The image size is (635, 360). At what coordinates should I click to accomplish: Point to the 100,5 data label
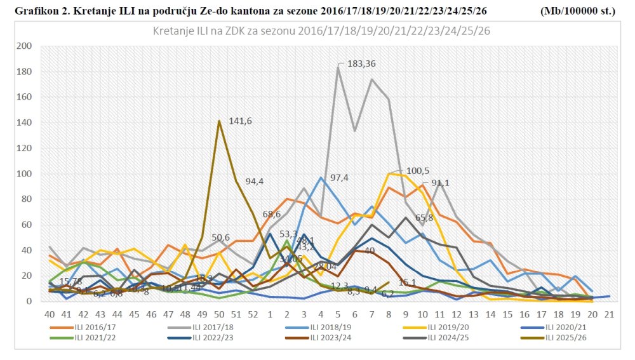[x=417, y=171]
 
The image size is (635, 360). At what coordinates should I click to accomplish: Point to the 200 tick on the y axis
[x=25, y=46]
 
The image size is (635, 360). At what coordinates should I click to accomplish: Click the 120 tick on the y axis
[x=25, y=148]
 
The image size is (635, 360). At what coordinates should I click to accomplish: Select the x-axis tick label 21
[x=609, y=314]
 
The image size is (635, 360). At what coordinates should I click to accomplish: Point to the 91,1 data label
[x=441, y=183]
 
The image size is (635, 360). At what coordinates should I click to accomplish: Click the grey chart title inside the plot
[x=322, y=30]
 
